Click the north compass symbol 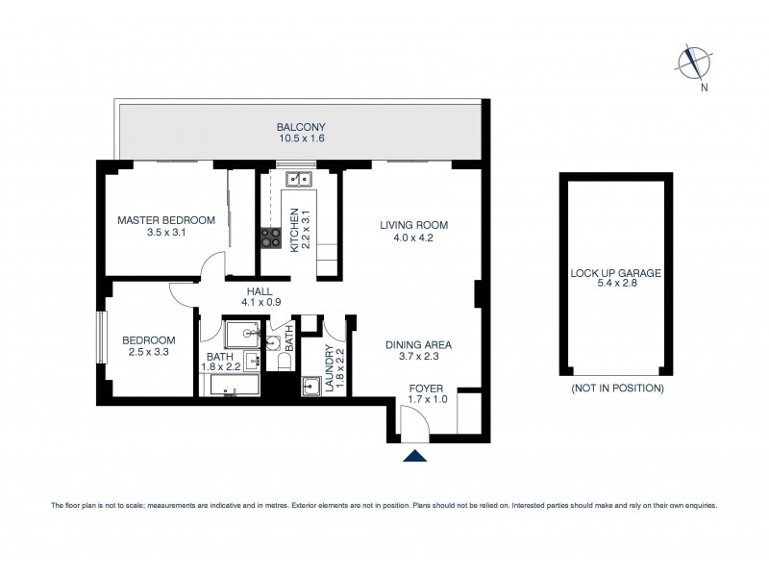(x=691, y=63)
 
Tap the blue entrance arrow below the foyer (x=413, y=457)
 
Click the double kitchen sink (x=299, y=178)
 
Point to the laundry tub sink (x=310, y=387)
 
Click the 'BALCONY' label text (x=301, y=127)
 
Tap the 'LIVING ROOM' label (x=413, y=225)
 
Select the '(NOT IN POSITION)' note (x=616, y=389)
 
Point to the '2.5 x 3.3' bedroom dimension (x=148, y=353)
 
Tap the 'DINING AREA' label (x=418, y=344)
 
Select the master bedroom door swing (x=213, y=267)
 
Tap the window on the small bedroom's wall (x=101, y=336)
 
